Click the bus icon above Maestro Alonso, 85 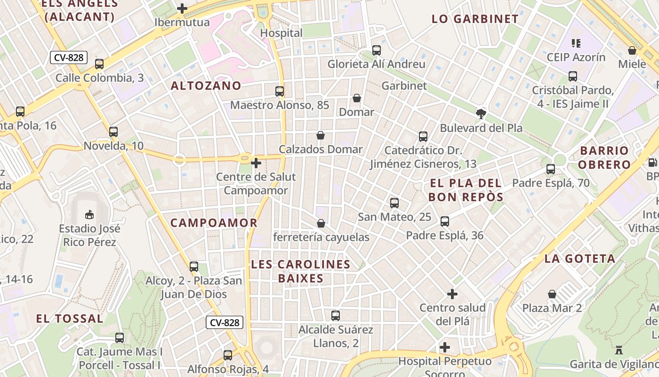[280, 91]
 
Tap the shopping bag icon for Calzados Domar [321, 136]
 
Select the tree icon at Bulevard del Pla [481, 114]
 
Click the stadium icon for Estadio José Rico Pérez [89, 215]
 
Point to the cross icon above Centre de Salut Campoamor [256, 164]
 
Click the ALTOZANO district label [206, 86]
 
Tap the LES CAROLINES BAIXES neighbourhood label [301, 271]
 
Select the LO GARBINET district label [475, 19]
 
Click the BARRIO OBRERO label [604, 157]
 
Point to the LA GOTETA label [580, 258]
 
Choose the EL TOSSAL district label [70, 319]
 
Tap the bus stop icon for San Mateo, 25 [394, 203]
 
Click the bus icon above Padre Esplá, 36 [445, 221]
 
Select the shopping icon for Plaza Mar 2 [552, 295]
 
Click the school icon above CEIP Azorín [576, 43]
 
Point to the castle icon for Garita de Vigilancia [619, 351]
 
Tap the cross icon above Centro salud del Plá [452, 294]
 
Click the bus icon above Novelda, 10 [113, 132]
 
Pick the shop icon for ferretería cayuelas [321, 223]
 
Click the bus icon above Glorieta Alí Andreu [376, 50]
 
